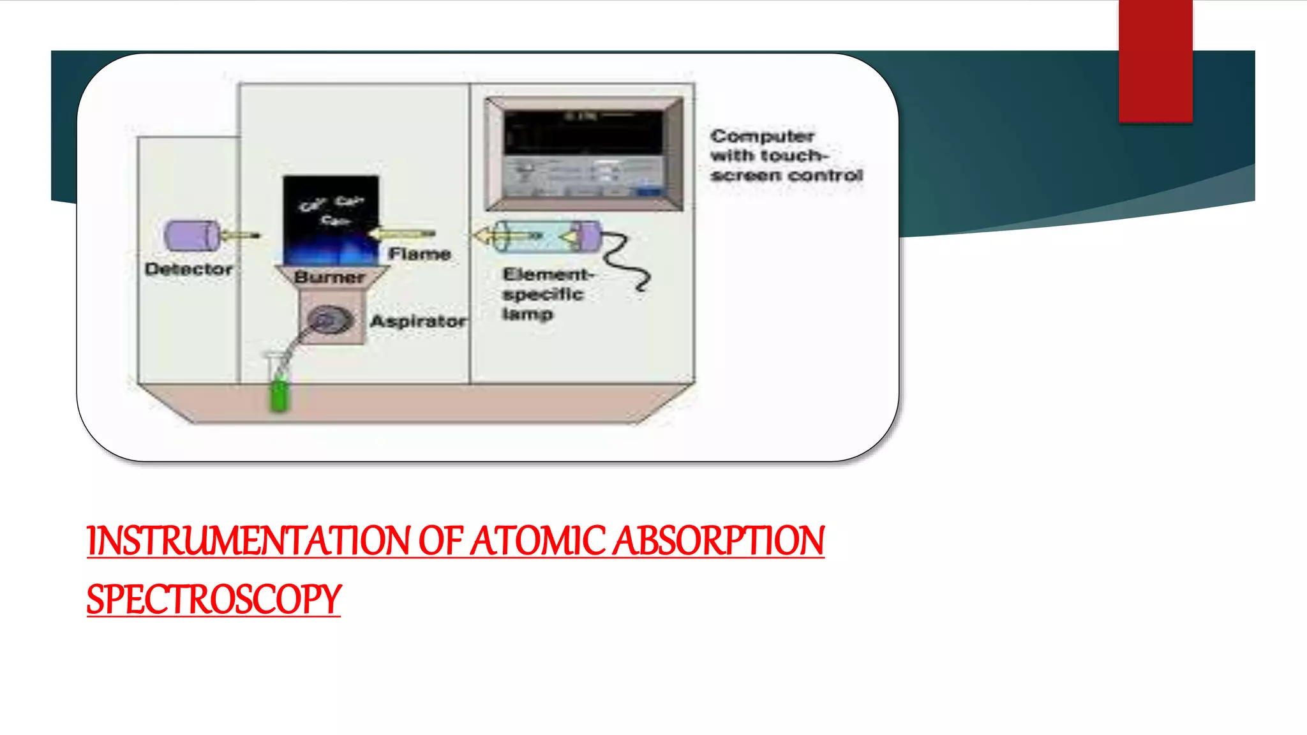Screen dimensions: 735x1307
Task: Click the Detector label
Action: coord(188,269)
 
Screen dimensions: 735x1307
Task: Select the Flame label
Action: coord(419,254)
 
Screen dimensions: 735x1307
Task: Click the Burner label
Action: coord(329,278)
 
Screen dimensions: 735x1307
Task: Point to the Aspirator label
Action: coord(418,321)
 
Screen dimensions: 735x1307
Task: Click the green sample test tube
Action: coord(280,394)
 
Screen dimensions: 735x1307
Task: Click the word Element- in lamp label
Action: coord(548,274)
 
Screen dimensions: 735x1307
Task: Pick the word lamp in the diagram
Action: coord(527,314)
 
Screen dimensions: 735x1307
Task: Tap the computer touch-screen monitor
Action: coord(583,154)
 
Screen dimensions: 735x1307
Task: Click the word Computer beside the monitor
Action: coord(762,136)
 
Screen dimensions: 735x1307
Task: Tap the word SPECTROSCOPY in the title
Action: coord(214,600)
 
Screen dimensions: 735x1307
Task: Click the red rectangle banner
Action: coord(1155,61)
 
